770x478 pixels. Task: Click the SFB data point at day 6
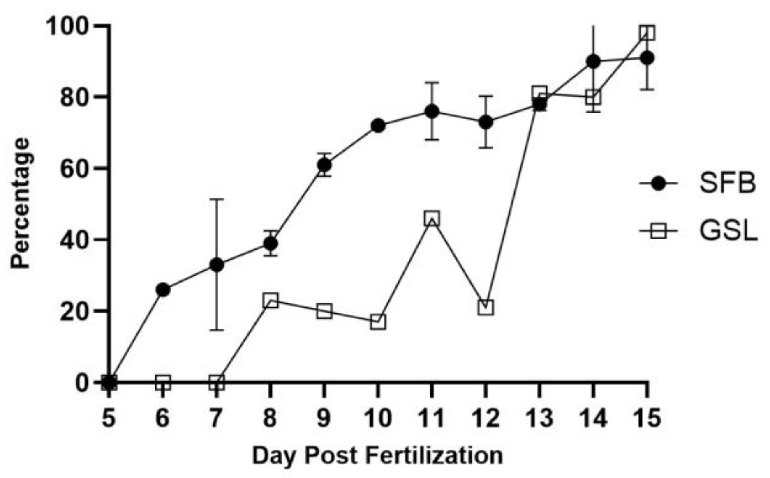pos(163,290)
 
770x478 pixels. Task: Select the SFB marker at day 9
pos(324,165)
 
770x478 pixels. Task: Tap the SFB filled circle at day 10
pos(378,126)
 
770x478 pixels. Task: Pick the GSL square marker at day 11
pos(432,218)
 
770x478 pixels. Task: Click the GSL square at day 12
pos(486,307)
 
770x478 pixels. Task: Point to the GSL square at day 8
pos(270,300)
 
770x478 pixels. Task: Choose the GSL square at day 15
pos(647,33)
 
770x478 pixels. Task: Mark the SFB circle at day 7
pos(217,265)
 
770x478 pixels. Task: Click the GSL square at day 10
pos(378,322)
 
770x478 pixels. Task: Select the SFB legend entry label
pos(727,184)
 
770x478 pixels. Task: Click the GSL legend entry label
pos(728,232)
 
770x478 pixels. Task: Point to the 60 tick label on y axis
pos(74,168)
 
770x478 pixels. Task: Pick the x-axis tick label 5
pos(109,418)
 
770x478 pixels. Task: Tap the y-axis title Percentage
pos(21,203)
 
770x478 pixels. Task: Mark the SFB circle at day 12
pos(486,122)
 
